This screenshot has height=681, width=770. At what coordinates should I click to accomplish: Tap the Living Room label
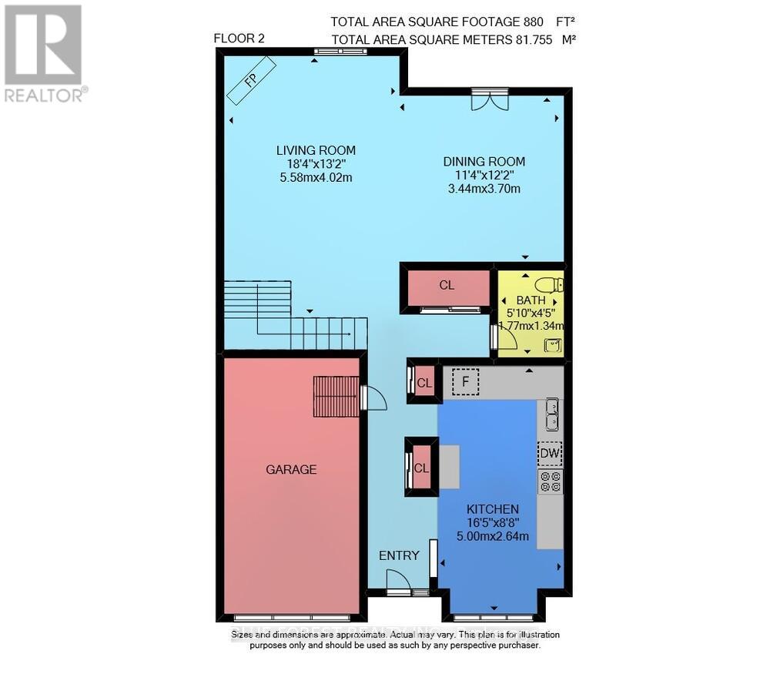pyautogui.click(x=316, y=150)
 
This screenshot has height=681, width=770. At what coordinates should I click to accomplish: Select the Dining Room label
pyautogui.click(x=484, y=162)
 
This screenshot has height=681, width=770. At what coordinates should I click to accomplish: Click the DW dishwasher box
pyautogui.click(x=550, y=455)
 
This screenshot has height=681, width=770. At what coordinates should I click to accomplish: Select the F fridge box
pyautogui.click(x=465, y=381)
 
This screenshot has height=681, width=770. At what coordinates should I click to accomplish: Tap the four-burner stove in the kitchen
pyautogui.click(x=550, y=481)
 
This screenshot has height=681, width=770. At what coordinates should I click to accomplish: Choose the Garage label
pyautogui.click(x=291, y=469)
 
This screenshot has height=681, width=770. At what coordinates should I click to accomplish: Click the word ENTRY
pyautogui.click(x=399, y=555)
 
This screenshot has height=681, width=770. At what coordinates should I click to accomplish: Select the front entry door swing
pyautogui.click(x=398, y=580)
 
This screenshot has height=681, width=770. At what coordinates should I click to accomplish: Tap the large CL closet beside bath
pyautogui.click(x=447, y=285)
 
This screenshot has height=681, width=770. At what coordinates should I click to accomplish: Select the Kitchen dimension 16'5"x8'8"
pyautogui.click(x=493, y=523)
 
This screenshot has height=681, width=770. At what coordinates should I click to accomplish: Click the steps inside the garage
pyautogui.click(x=336, y=396)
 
